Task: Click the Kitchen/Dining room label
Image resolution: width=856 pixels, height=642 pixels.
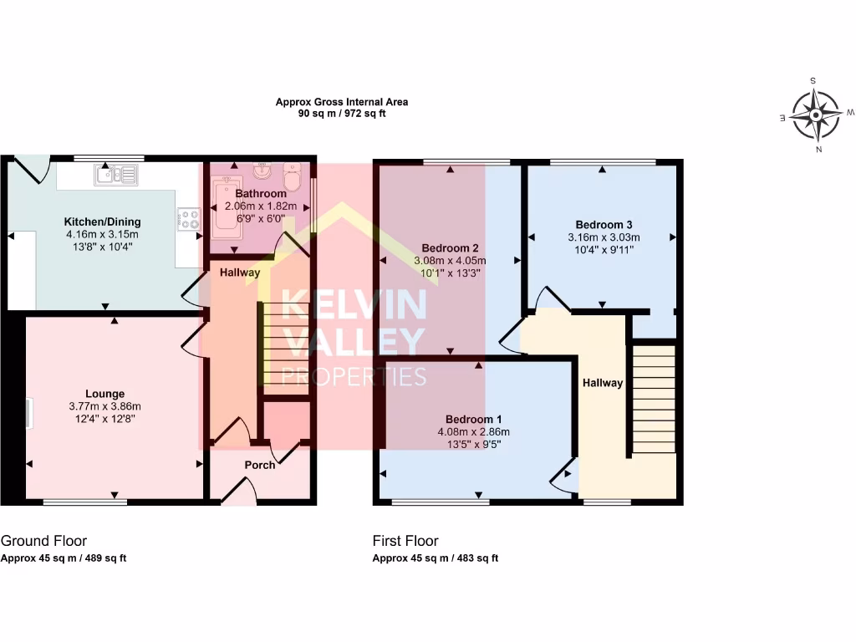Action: [103, 222]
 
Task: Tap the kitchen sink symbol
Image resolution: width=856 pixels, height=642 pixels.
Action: [117, 175]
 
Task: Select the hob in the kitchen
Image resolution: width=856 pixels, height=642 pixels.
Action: [189, 220]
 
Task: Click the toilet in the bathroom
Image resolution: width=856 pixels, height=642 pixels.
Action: [292, 177]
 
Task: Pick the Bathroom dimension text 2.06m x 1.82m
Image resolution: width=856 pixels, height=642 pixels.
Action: [261, 206]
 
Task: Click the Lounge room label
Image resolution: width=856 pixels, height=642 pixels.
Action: [104, 394]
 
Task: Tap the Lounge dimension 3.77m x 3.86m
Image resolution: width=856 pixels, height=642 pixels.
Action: [104, 406]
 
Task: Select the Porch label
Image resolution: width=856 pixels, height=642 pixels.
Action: [259, 465]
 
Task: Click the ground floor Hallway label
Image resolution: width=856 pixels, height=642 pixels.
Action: [240, 273]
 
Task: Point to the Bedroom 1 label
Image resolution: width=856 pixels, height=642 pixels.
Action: [474, 420]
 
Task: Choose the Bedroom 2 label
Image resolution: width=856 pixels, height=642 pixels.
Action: [450, 248]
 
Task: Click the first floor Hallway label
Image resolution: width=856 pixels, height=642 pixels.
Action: [603, 383]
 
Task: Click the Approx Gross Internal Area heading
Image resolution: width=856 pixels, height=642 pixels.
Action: [342, 102]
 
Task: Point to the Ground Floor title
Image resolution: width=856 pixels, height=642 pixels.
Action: [43, 541]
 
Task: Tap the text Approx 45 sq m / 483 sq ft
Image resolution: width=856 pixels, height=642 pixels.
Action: [435, 558]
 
